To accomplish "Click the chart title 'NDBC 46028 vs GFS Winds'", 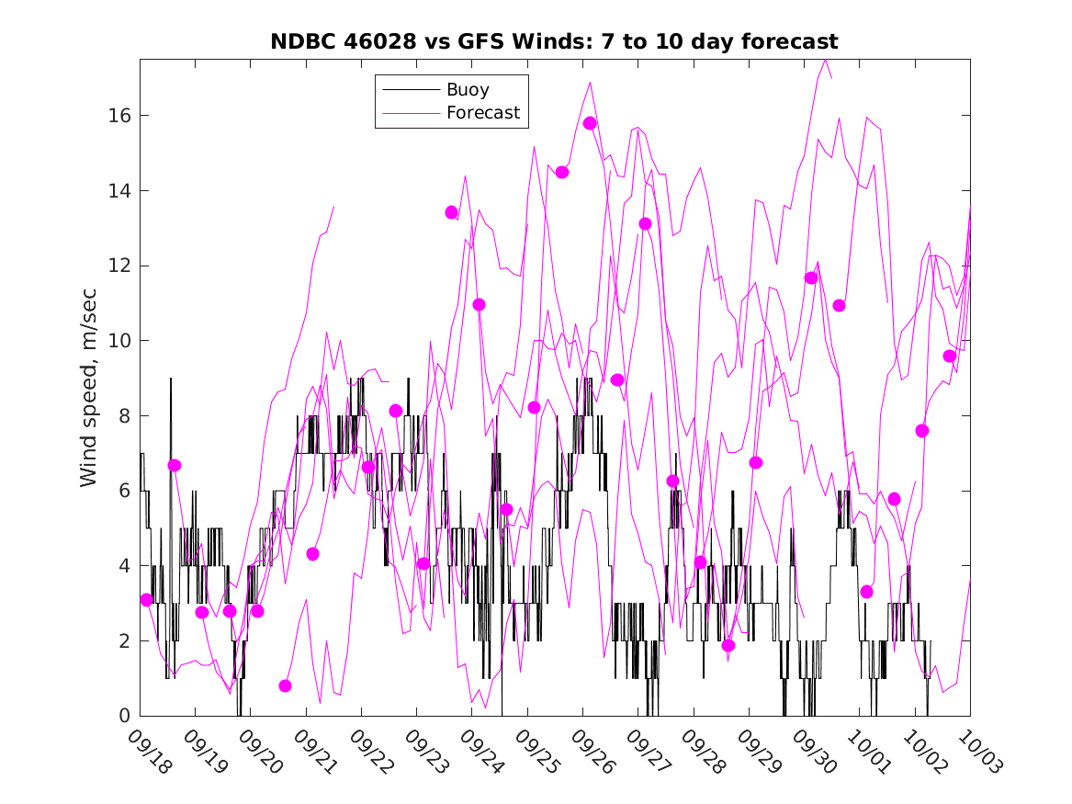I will coord(553,42).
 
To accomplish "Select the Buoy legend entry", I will coord(468,90).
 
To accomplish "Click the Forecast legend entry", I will coord(483,113).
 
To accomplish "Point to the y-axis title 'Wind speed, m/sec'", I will coord(88,387).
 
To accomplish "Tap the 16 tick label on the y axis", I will coord(119,116).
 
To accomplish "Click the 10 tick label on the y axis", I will coord(119,341).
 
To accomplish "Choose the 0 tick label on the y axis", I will coord(125,716).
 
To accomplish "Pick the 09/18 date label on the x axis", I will coord(149,753).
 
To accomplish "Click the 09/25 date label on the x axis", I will coord(536,753).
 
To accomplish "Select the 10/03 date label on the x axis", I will coord(979,753).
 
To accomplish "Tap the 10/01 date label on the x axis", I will coord(868,753).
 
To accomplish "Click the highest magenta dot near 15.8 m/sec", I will coord(590,123).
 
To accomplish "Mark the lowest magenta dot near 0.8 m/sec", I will coord(285,685).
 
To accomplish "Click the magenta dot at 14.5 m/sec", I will coord(562,172).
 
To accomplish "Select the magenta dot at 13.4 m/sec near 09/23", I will coord(451,212).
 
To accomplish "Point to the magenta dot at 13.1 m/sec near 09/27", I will coord(645,223).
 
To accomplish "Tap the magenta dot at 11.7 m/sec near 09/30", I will coord(811,277).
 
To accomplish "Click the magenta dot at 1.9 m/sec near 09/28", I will coord(728,645).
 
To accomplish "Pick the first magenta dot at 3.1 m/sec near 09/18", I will coord(147,599).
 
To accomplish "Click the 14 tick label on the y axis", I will coord(119,191).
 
